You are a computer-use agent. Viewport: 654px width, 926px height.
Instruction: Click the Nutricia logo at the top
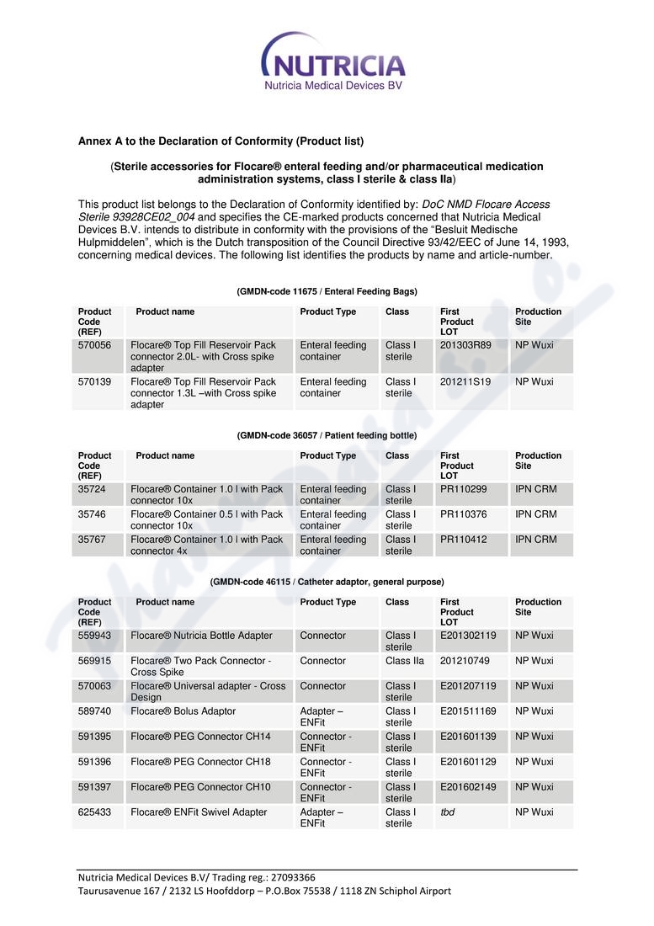coord(333,61)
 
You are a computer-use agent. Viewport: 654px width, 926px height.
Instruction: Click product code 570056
coord(94,345)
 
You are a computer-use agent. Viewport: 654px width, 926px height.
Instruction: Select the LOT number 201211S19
coord(465,381)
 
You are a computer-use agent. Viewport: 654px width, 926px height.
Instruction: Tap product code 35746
coord(92,514)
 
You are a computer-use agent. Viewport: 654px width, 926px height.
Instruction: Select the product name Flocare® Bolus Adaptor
coord(183,711)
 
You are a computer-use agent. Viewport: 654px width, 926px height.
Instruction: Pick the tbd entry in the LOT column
coord(449,812)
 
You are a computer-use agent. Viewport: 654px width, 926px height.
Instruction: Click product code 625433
coord(94,812)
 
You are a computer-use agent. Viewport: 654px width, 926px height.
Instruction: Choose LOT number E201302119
coord(468,636)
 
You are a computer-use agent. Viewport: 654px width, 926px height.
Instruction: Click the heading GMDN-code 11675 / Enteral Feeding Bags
coord(327,291)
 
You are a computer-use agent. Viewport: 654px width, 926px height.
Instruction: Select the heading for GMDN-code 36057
coord(327,435)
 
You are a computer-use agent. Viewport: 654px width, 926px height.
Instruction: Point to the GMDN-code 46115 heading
coord(327,582)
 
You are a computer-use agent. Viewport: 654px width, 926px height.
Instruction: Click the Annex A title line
coord(221,141)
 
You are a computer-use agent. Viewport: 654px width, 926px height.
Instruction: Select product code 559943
coord(94,636)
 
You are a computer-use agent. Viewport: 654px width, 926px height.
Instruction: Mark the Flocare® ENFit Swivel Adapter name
coord(199,812)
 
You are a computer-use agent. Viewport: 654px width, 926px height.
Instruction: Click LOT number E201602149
coord(468,787)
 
